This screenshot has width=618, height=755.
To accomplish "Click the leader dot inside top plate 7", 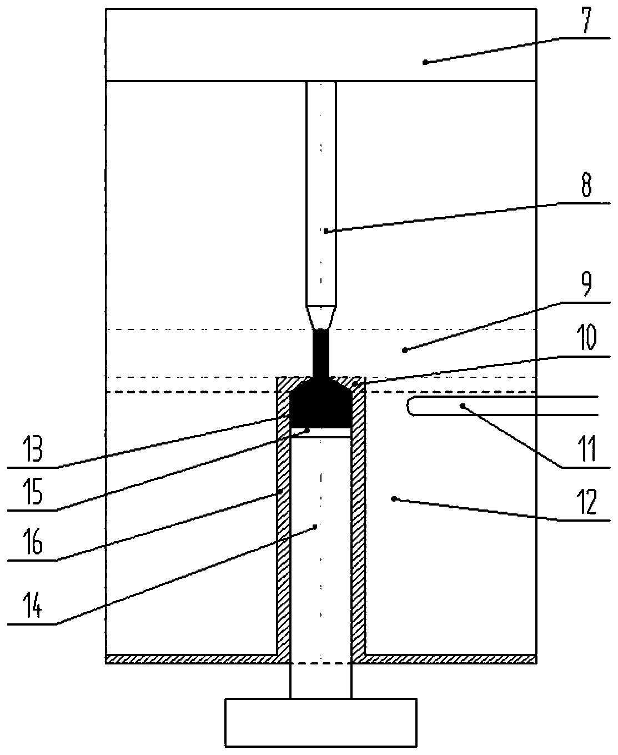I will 425,62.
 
